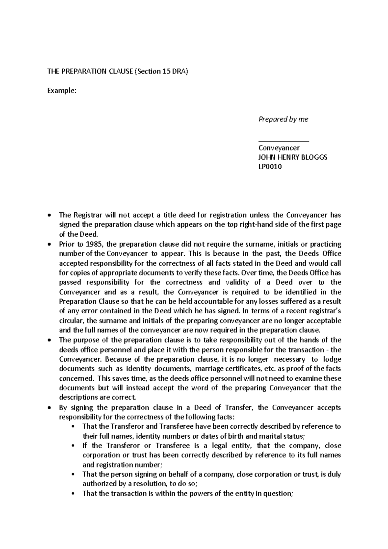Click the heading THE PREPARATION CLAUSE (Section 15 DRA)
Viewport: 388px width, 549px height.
pos(117,72)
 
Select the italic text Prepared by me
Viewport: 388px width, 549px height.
pos(283,119)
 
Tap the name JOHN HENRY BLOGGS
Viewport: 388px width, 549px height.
pos(293,157)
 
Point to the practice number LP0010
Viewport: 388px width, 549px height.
pos(270,167)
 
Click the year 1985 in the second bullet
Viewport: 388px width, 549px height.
pos(93,244)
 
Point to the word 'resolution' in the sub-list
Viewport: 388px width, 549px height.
pos(144,484)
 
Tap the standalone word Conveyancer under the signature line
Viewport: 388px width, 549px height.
pos(279,148)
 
